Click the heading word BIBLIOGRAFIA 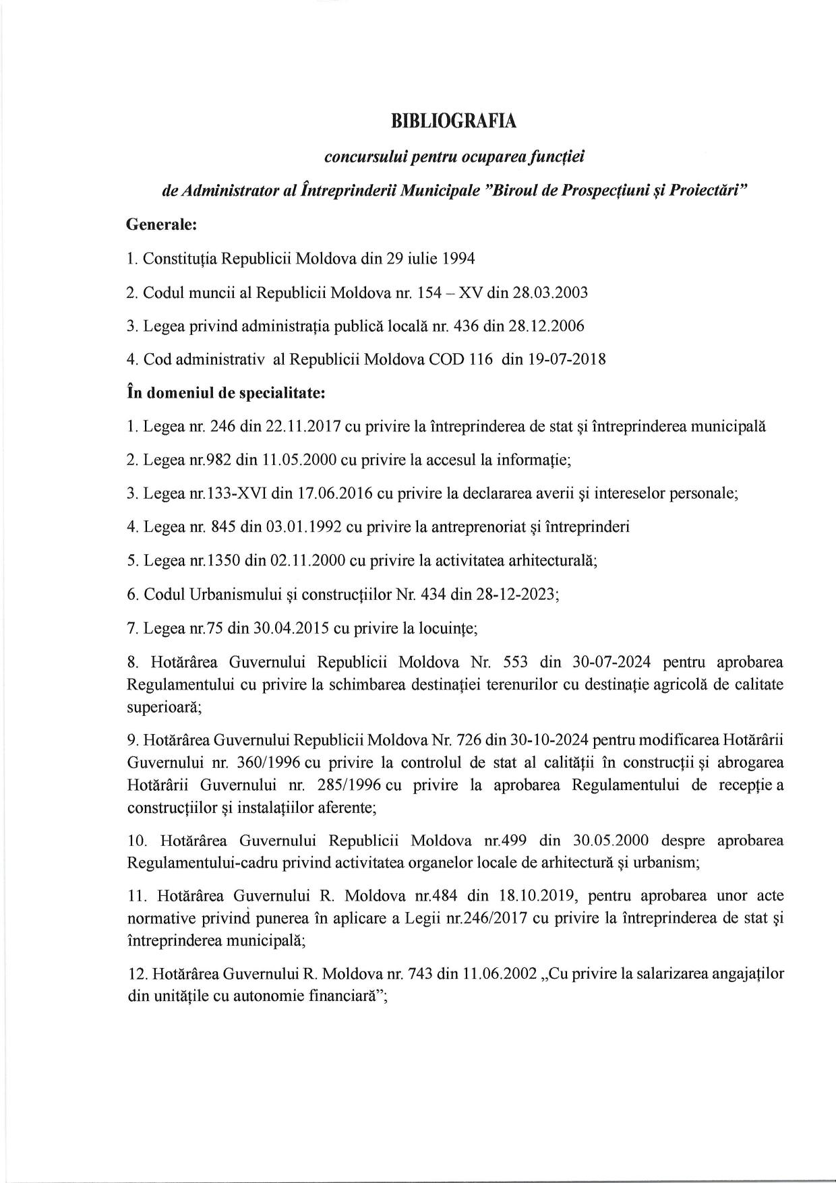[453, 121]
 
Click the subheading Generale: [161, 225]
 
